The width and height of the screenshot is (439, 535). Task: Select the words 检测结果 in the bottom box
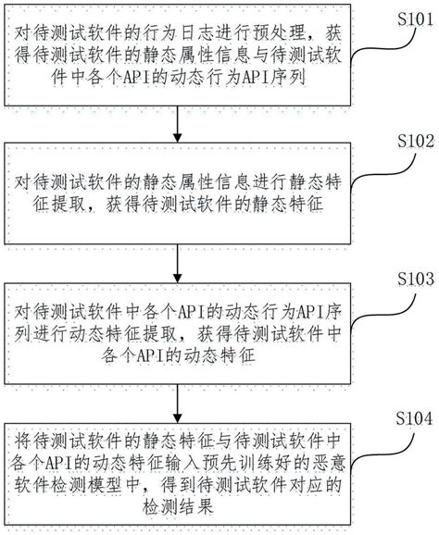pyautogui.click(x=177, y=507)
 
